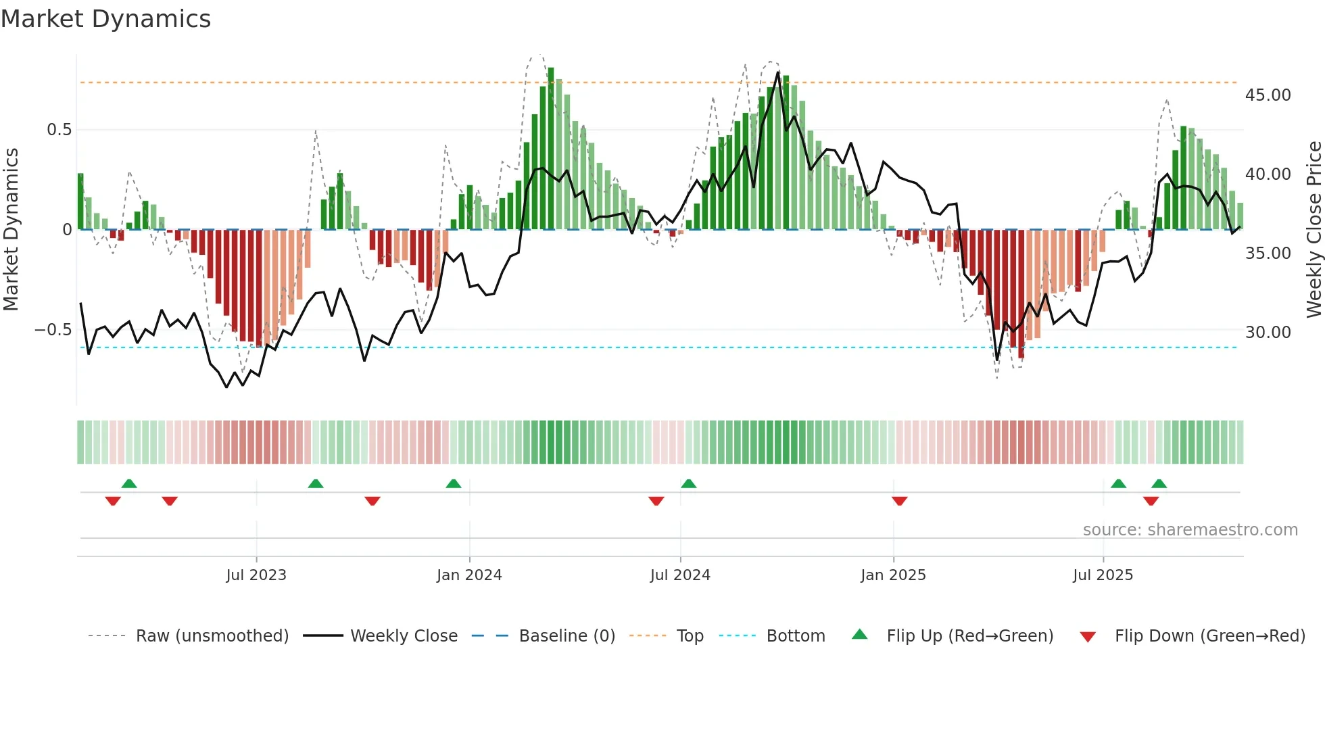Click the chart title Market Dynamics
(x=105, y=19)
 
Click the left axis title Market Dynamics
(x=11, y=230)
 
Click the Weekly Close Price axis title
(x=1314, y=230)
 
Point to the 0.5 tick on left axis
(x=59, y=130)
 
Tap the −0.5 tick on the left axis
(x=53, y=331)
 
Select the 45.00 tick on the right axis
(x=1268, y=95)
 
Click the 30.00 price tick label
(x=1268, y=333)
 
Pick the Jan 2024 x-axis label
(x=469, y=575)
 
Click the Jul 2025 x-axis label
(x=1103, y=575)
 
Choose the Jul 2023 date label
(x=256, y=575)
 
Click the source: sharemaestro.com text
(x=1190, y=530)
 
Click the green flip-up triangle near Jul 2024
(x=688, y=483)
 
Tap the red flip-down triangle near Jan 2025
(x=899, y=500)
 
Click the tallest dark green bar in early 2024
(x=551, y=149)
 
